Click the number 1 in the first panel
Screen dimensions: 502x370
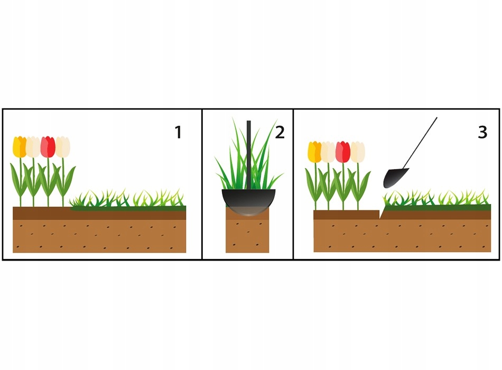pyautogui.click(x=178, y=132)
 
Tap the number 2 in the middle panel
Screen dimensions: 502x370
pyautogui.click(x=280, y=132)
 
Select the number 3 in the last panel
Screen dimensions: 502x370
pyautogui.click(x=482, y=132)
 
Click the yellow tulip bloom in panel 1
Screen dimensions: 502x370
pyautogui.click(x=20, y=147)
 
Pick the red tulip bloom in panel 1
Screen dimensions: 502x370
pyautogui.click(x=48, y=147)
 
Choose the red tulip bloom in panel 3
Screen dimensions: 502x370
pyautogui.click(x=343, y=152)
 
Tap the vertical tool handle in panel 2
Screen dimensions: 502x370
pyautogui.click(x=248, y=143)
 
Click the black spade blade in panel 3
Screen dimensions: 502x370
pyautogui.click(x=395, y=178)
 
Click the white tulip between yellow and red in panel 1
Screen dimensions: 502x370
pyautogui.click(x=33, y=147)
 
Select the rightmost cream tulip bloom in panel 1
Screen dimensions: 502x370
pyautogui.click(x=63, y=147)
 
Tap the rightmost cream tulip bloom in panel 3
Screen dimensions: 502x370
pyautogui.click(x=358, y=152)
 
